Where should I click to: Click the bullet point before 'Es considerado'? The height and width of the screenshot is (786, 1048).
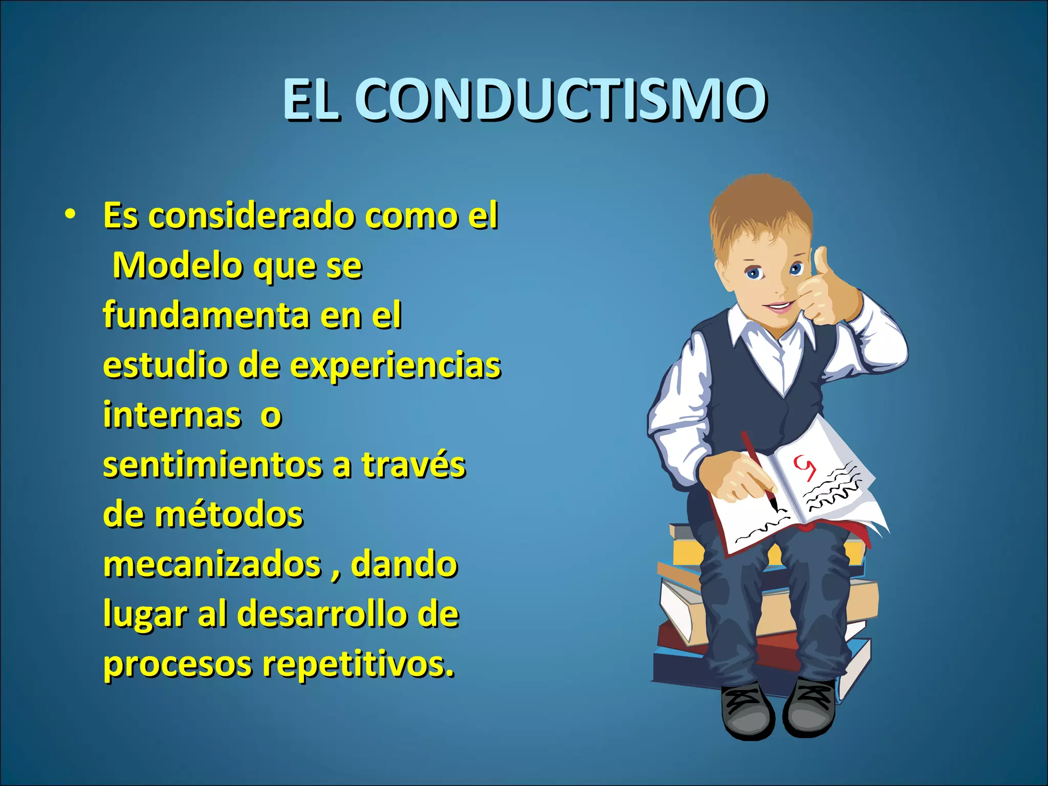click(70, 214)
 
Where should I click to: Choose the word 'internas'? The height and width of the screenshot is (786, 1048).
click(172, 414)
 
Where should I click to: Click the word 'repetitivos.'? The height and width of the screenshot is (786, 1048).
click(358, 664)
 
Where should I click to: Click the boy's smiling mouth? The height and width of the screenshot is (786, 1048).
click(779, 307)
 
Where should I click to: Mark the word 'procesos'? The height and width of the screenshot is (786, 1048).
click(178, 664)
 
